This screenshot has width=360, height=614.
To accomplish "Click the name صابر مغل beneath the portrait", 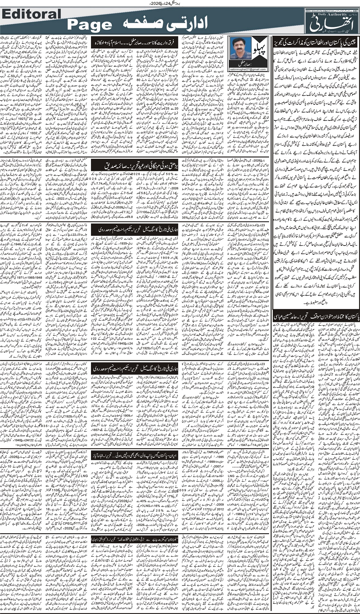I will (x=244, y=64).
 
